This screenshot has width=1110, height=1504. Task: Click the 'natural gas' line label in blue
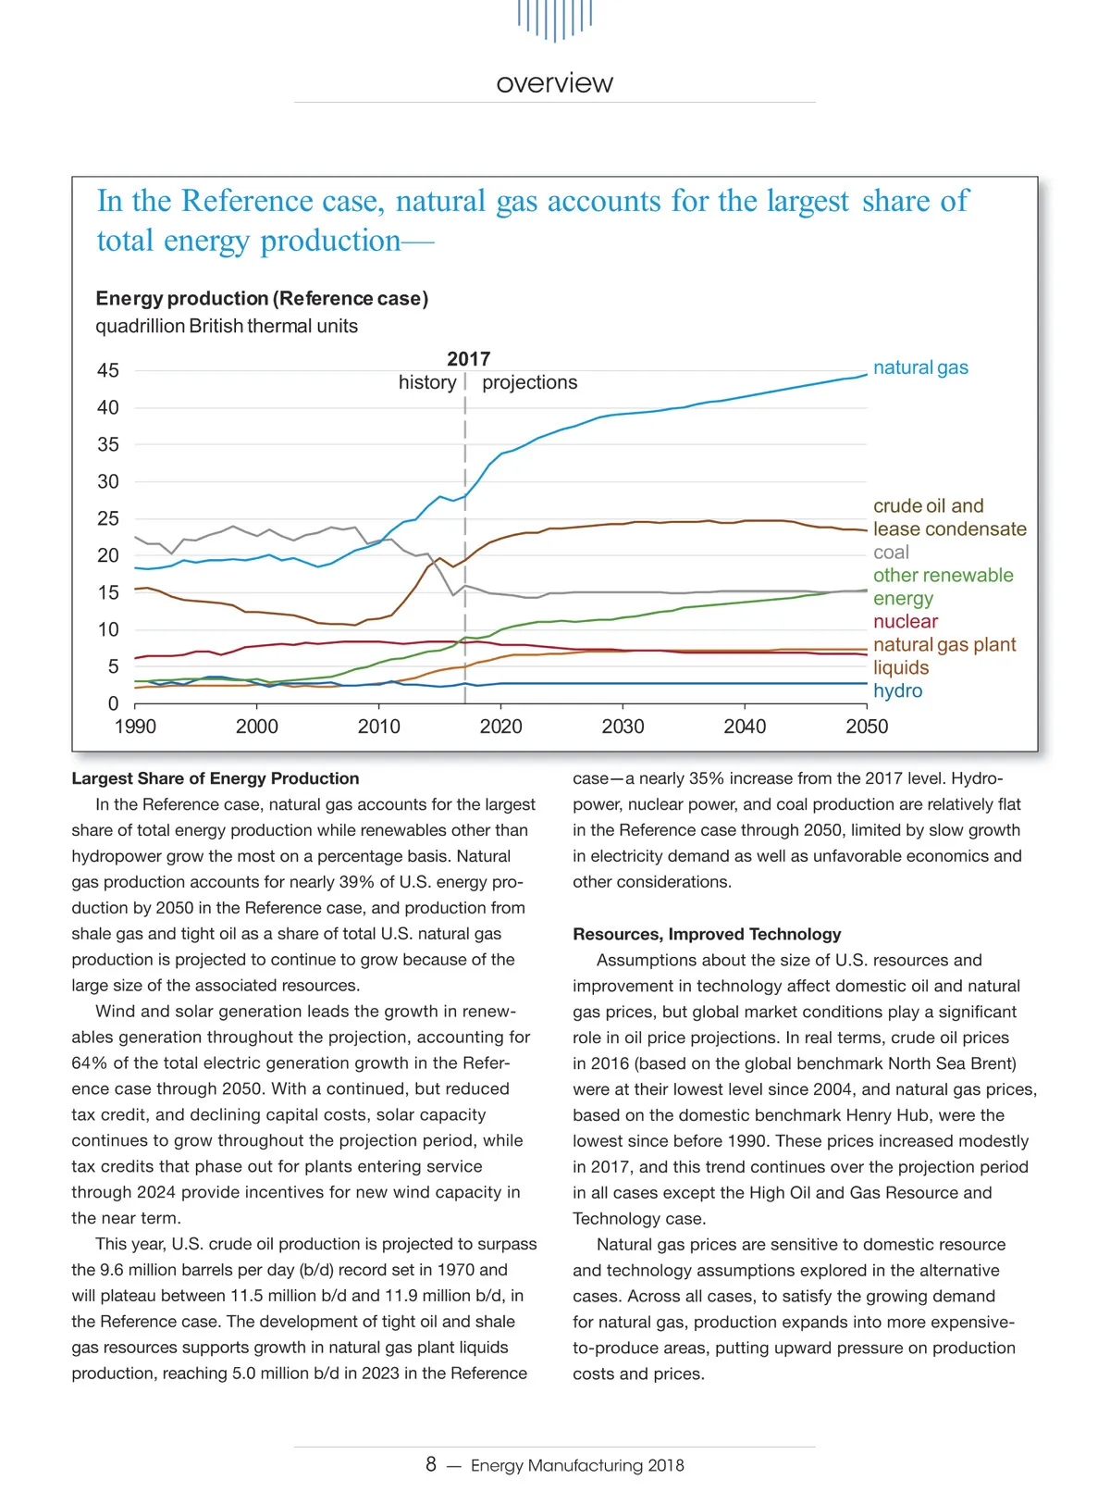click(920, 367)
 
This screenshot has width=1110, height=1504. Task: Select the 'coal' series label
click(891, 553)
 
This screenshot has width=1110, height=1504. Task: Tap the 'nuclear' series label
click(905, 621)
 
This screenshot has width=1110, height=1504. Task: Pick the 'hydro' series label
click(897, 690)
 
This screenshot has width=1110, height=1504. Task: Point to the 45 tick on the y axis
click(108, 370)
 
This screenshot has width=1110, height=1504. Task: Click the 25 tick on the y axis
click(108, 518)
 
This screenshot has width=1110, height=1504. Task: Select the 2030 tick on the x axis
click(623, 727)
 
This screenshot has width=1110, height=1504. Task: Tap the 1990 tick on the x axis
click(135, 727)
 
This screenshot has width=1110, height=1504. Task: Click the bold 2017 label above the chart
click(468, 359)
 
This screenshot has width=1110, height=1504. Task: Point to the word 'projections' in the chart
click(529, 382)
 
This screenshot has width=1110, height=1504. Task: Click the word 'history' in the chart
click(427, 382)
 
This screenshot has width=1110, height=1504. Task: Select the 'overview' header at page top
click(554, 83)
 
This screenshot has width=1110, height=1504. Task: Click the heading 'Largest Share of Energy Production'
click(216, 778)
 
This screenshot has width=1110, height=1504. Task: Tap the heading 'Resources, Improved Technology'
click(707, 934)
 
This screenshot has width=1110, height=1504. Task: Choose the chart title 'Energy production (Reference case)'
click(262, 298)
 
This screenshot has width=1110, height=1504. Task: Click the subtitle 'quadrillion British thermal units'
click(227, 326)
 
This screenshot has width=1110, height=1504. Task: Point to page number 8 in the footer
click(431, 1464)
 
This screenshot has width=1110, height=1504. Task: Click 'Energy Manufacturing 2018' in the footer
click(577, 1465)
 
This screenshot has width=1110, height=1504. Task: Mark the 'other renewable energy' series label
click(943, 587)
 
